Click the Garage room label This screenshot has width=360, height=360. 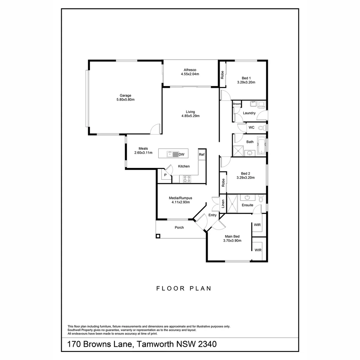pyautogui.click(x=125, y=95)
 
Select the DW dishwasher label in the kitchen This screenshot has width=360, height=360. pyautogui.click(x=181, y=154)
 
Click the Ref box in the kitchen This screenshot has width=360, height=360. pyautogui.click(x=201, y=154)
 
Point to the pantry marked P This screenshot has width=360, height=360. pyautogui.click(x=165, y=175)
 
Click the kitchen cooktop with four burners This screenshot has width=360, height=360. pyautogui.click(x=187, y=179)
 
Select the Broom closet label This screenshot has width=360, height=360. pyautogui.click(x=237, y=104)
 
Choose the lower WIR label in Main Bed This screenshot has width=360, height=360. pyautogui.click(x=258, y=250)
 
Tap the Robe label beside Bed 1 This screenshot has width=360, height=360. pyautogui.click(x=222, y=75)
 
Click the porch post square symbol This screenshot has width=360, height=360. pyautogui.click(x=158, y=236)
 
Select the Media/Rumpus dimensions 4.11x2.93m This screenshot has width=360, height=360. pyautogui.click(x=180, y=202)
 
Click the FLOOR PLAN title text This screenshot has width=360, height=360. pyautogui.click(x=184, y=288)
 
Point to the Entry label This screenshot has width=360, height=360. pyautogui.click(x=212, y=215)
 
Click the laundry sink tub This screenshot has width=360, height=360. pyautogui.click(x=253, y=104)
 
